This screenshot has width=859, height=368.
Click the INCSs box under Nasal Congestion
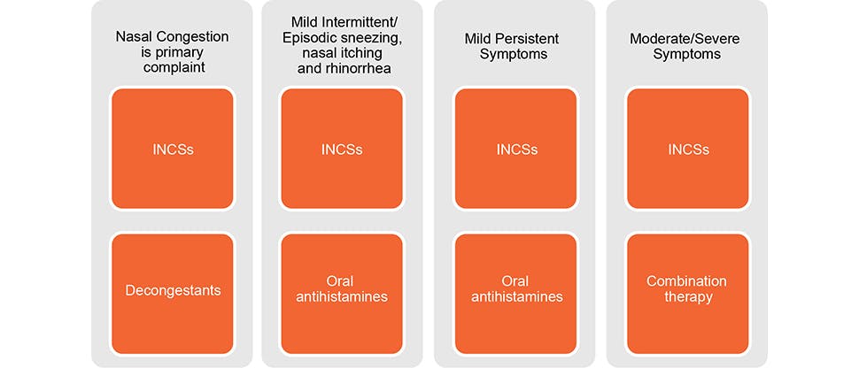pyautogui.click(x=172, y=149)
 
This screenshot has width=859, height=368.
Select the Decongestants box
pyautogui.click(x=172, y=288)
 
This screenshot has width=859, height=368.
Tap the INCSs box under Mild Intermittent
pyautogui.click(x=342, y=149)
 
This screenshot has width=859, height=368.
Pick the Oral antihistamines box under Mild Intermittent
pyautogui.click(x=342, y=288)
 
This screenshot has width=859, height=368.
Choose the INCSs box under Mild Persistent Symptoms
pyautogui.click(x=515, y=149)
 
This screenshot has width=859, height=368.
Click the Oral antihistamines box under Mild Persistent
pyautogui.click(x=515, y=288)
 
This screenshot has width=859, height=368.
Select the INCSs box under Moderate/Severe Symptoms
pyautogui.click(x=687, y=149)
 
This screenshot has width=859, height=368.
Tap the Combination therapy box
pyautogui.click(x=687, y=288)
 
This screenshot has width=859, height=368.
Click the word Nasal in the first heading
pyautogui.click(x=134, y=37)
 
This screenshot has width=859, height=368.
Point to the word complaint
pyautogui.click(x=172, y=71)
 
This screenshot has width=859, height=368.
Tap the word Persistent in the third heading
pyautogui.click(x=536, y=37)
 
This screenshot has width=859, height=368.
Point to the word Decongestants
pyautogui.click(x=172, y=288)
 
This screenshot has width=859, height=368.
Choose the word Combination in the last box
pyautogui.click(x=687, y=281)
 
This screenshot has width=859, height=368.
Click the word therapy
pyautogui.click(x=687, y=297)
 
